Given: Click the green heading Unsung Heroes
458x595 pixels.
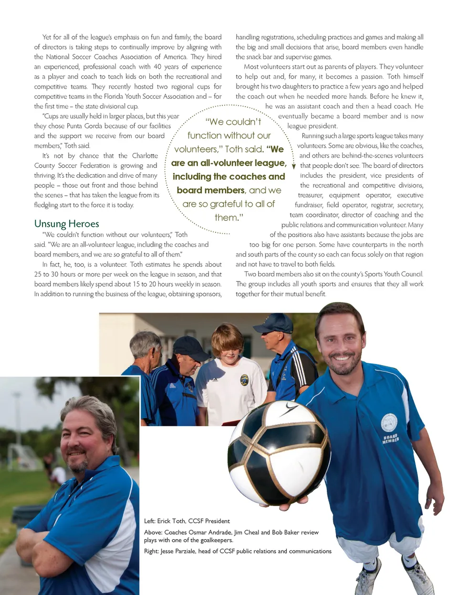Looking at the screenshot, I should (x=66, y=224).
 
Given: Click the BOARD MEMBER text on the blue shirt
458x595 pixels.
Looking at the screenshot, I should (x=390, y=439).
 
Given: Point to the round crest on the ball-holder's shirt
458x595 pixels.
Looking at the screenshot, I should (x=389, y=422).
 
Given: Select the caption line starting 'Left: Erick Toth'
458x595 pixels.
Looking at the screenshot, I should (x=187, y=521).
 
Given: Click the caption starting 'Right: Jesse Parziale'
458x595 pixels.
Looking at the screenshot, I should (x=238, y=551).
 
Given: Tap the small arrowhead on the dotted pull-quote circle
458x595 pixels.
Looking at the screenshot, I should (x=294, y=167).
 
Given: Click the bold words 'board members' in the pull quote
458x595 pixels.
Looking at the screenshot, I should (x=210, y=190).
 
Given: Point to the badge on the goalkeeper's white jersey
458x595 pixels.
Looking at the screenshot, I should (x=244, y=380).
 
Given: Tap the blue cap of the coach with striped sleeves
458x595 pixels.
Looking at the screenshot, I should (x=274, y=323).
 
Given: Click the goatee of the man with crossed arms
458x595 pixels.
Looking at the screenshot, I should (x=80, y=465).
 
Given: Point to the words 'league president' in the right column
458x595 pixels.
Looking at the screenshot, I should (x=312, y=126).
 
